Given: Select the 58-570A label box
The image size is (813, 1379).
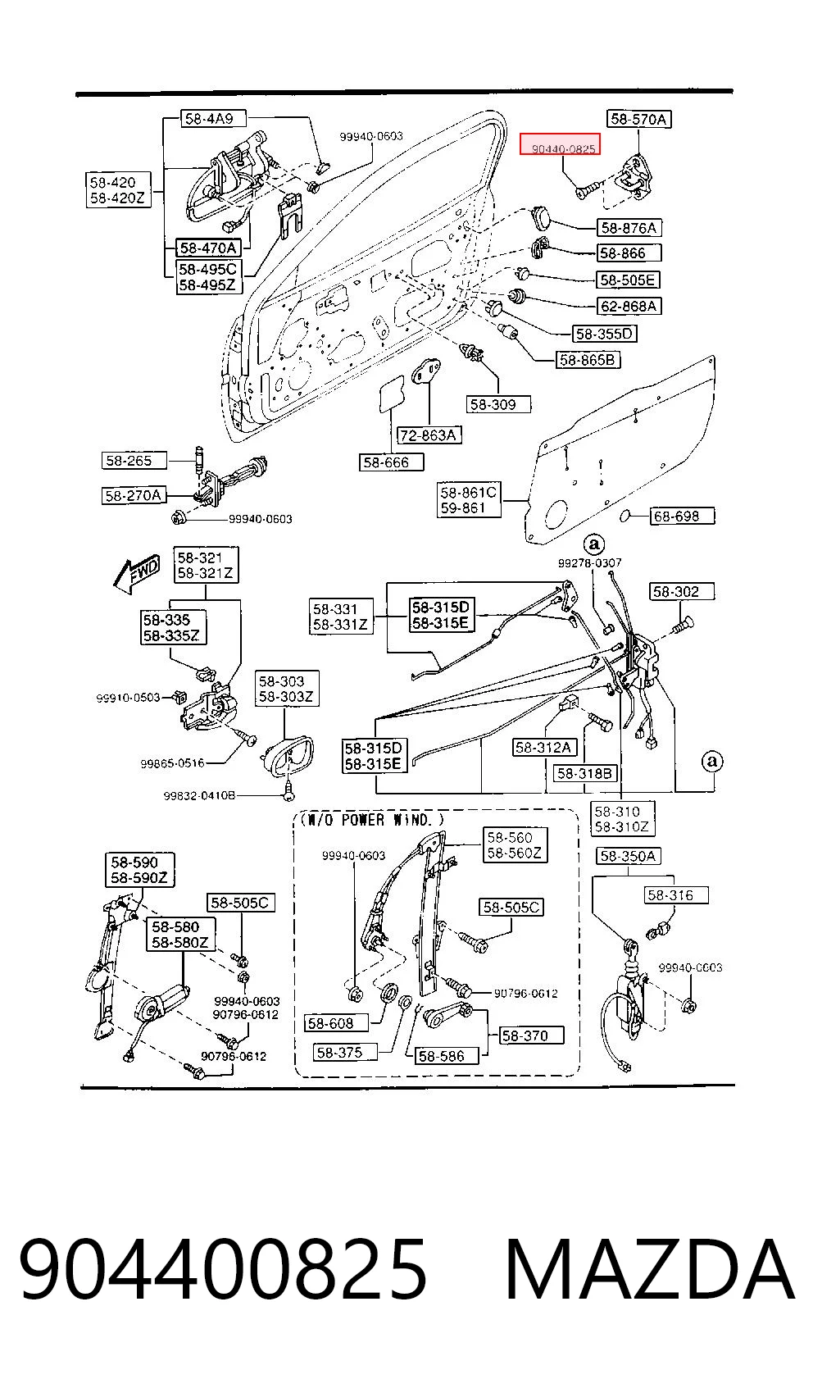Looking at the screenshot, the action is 638,119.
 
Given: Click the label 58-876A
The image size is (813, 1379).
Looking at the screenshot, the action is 629,228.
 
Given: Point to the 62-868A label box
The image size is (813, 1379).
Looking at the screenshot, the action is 629,306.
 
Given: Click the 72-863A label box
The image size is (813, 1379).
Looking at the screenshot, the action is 429,435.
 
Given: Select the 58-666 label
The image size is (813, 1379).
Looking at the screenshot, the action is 392,462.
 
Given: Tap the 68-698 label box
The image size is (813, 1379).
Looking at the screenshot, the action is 683,516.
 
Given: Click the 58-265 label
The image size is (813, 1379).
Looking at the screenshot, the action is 134,461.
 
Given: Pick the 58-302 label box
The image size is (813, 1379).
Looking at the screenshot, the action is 682,592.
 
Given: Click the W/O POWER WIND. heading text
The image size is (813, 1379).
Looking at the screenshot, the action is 372,819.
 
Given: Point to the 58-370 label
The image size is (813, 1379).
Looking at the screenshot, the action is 531,1035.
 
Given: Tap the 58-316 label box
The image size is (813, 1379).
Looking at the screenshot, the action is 676,895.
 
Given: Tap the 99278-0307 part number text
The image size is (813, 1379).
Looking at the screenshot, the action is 589,562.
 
